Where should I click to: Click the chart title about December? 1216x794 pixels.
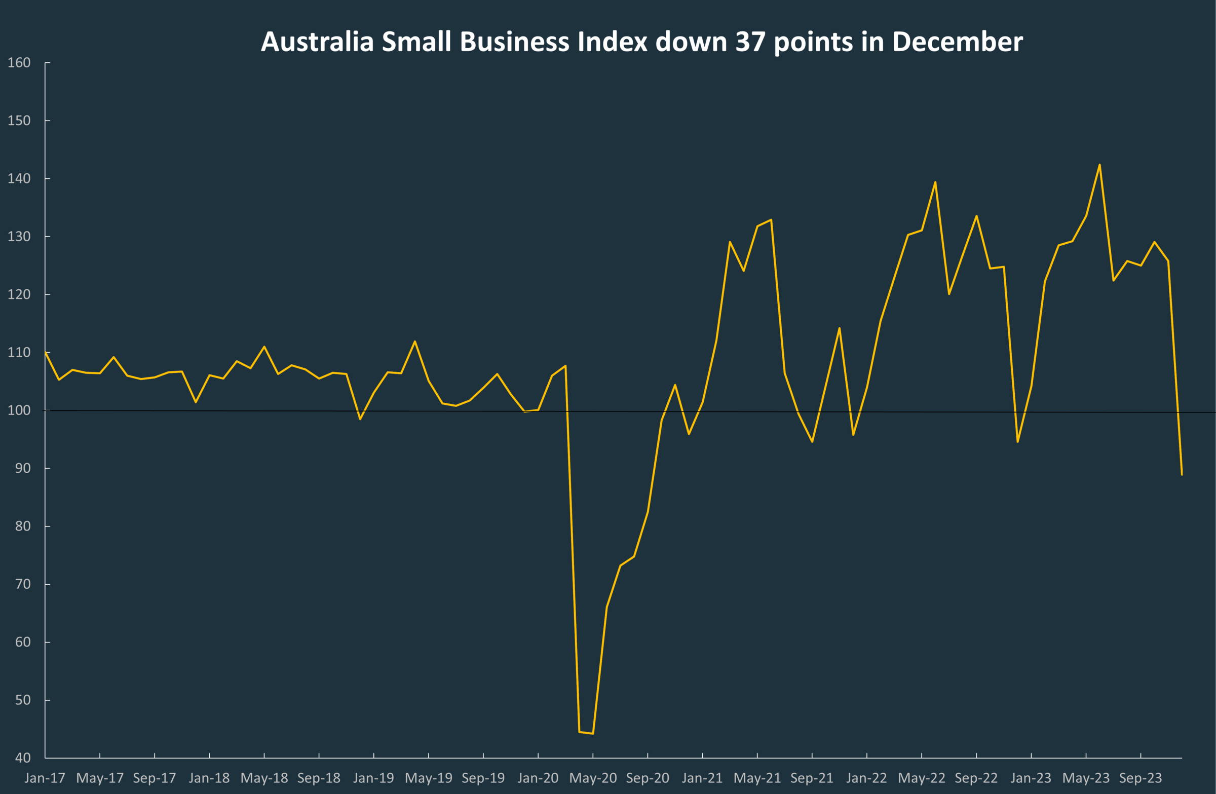tap(642, 42)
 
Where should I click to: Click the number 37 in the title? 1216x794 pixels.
tap(750, 42)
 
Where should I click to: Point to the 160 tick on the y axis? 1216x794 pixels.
tap(19, 62)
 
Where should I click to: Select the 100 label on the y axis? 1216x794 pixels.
tap(19, 410)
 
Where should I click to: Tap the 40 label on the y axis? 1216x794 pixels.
tap(22, 758)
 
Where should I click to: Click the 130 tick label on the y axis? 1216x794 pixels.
tap(19, 237)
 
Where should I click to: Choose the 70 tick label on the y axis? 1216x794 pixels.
tap(22, 584)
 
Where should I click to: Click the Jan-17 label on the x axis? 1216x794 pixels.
tap(45, 778)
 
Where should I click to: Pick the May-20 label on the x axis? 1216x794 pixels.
tap(593, 778)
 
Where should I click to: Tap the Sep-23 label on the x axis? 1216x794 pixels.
tap(1141, 778)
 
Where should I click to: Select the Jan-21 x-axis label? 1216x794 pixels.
tap(702, 778)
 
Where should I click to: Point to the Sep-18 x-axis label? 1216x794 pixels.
tap(319, 778)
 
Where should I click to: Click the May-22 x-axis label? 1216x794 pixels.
tap(922, 778)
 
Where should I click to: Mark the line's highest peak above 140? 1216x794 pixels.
tap(1099, 165)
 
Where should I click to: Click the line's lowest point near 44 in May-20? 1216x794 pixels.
tap(593, 734)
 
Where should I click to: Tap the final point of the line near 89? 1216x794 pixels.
tap(1182, 475)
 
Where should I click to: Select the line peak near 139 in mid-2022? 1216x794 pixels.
tap(935, 182)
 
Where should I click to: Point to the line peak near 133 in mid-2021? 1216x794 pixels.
tap(771, 220)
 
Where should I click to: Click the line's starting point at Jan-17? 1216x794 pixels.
tap(46, 352)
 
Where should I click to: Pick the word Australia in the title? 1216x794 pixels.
tap(317, 42)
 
